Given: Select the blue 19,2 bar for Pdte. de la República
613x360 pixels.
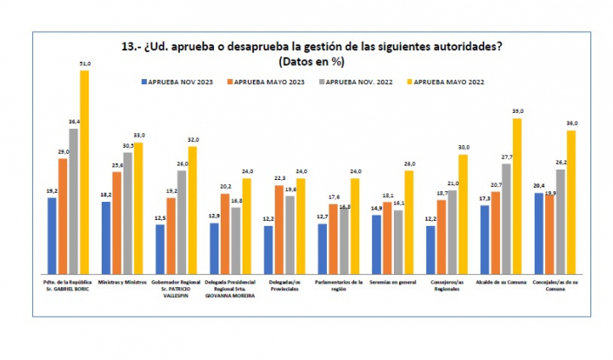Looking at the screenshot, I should click(x=52, y=235).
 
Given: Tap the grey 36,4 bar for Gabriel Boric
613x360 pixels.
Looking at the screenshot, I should click(x=74, y=200).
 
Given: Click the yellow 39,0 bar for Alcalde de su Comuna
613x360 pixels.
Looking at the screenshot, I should click(x=517, y=196).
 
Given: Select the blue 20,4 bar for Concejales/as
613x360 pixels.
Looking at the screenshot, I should click(x=539, y=232).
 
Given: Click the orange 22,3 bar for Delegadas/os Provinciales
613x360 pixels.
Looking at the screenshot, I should click(x=279, y=229).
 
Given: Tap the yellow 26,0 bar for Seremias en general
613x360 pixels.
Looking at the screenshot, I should click(x=409, y=222).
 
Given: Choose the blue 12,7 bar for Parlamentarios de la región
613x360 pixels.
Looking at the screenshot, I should click(x=323, y=248).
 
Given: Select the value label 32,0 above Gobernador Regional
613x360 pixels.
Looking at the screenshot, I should click(x=194, y=140).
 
